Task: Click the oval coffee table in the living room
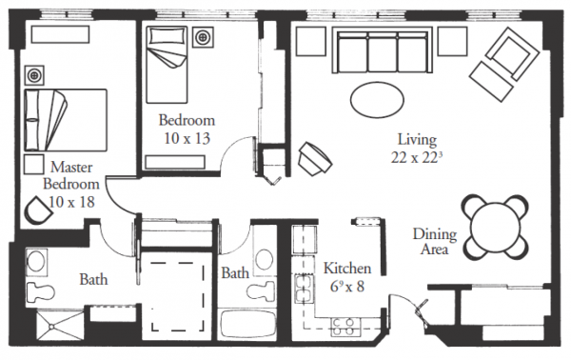377,99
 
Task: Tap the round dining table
495,228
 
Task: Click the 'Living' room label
417,140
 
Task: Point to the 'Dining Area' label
435,242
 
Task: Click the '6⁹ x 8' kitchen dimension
347,287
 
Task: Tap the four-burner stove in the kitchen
343,327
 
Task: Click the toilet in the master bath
40,292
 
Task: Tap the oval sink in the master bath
36,261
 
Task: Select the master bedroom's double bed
66,120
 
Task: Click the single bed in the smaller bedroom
167,64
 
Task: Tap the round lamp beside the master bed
34,75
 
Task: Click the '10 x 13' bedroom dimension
187,138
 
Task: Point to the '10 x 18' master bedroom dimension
71,202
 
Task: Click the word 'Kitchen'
347,269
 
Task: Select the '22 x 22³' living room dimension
417,157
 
